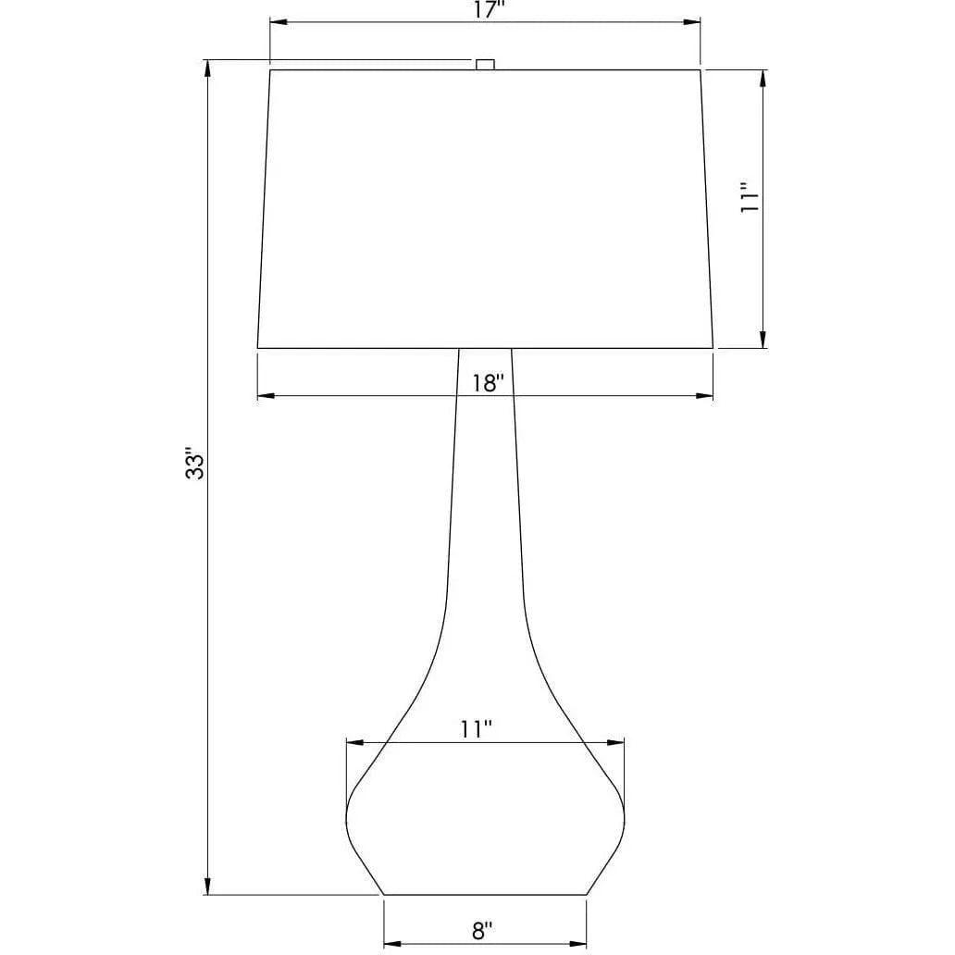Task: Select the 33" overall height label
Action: pos(195,465)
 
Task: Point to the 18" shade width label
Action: pos(489,383)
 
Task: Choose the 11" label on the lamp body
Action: pos(476,729)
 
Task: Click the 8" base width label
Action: pos(482,930)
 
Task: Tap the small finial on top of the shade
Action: pos(485,65)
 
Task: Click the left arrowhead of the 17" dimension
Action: pos(279,22)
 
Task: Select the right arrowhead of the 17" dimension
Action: pos(691,22)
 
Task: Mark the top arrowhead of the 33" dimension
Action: pos(207,68)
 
